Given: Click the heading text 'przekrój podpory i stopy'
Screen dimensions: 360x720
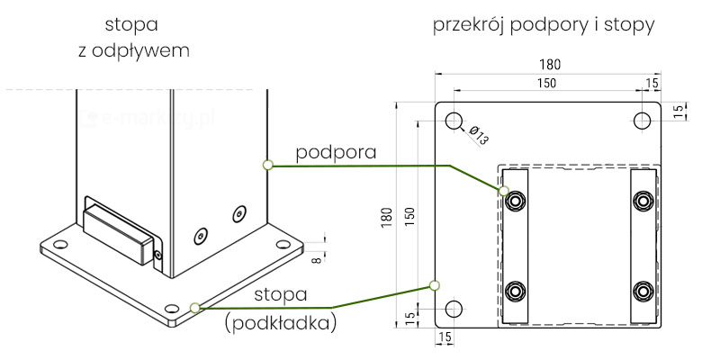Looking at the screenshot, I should pyautogui.click(x=544, y=25).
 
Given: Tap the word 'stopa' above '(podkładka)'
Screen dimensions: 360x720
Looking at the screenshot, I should pyautogui.click(x=280, y=294).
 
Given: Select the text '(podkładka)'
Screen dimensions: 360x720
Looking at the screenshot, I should pyautogui.click(x=280, y=322).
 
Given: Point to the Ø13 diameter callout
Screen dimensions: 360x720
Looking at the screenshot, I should pyautogui.click(x=478, y=137).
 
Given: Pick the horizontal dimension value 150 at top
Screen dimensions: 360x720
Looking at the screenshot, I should pyautogui.click(x=544, y=83).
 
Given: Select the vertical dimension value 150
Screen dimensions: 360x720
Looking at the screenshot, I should pyautogui.click(x=409, y=216).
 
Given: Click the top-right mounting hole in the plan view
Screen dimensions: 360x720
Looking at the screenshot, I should pyautogui.click(x=643, y=121).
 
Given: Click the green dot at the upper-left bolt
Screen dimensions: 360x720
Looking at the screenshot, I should pyautogui.click(x=504, y=191).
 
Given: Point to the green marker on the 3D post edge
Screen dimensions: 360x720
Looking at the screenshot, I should pyautogui.click(x=266, y=165).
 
